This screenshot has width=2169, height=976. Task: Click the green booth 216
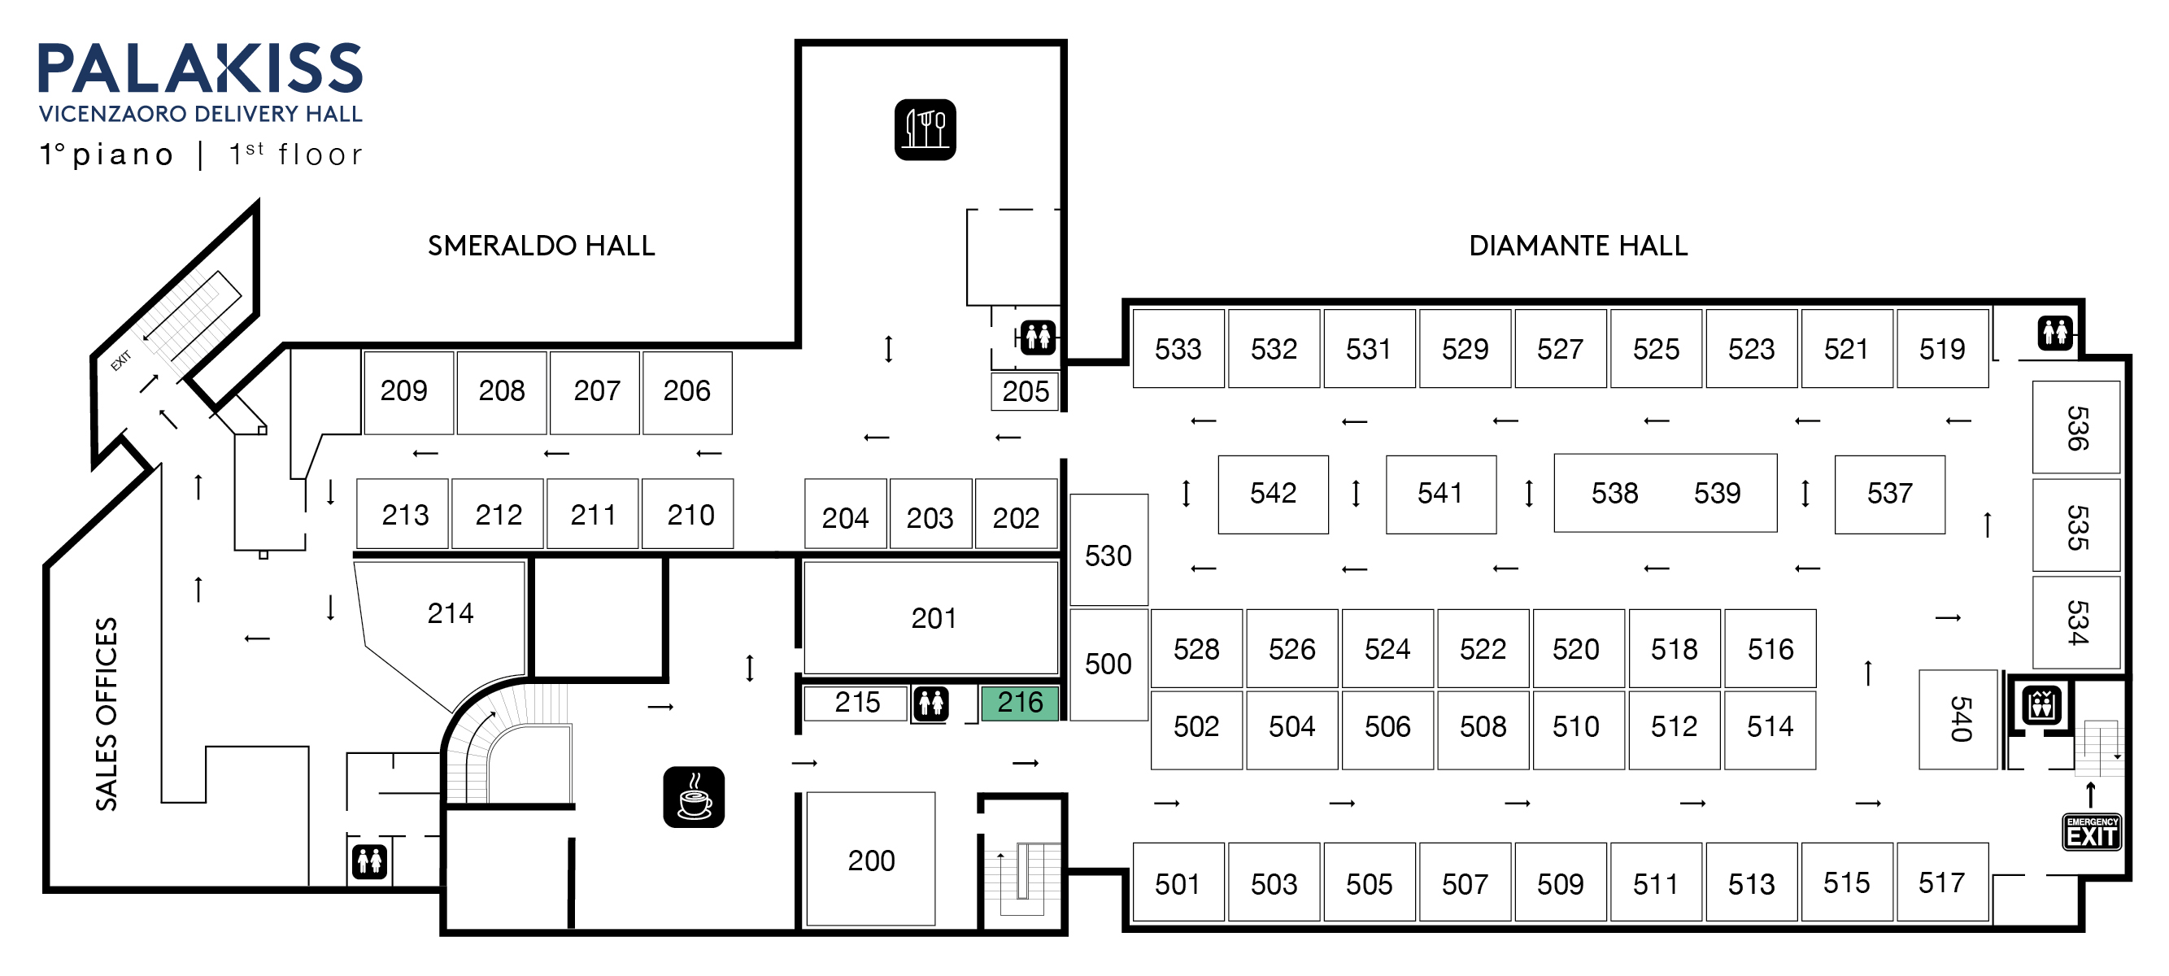(x=1020, y=703)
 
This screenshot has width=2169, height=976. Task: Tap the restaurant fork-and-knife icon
(x=925, y=129)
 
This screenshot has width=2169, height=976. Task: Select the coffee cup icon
(x=694, y=796)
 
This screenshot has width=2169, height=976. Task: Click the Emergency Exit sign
(x=2092, y=832)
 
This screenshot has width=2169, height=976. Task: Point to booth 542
(x=1273, y=494)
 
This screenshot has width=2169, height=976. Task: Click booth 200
(x=871, y=859)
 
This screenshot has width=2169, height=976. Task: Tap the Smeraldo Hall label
(x=542, y=246)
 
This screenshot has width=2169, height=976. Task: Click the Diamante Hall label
(x=1578, y=246)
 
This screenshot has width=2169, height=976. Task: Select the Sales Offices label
(x=106, y=714)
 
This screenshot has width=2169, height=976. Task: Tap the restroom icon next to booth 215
(x=931, y=703)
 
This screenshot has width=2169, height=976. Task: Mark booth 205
(x=1025, y=391)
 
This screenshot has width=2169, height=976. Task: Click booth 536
(x=2075, y=427)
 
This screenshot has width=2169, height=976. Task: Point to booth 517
(x=1941, y=882)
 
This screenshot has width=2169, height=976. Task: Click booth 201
(x=931, y=618)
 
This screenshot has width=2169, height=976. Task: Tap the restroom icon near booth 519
(x=2054, y=333)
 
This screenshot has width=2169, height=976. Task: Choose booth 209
(x=405, y=391)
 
